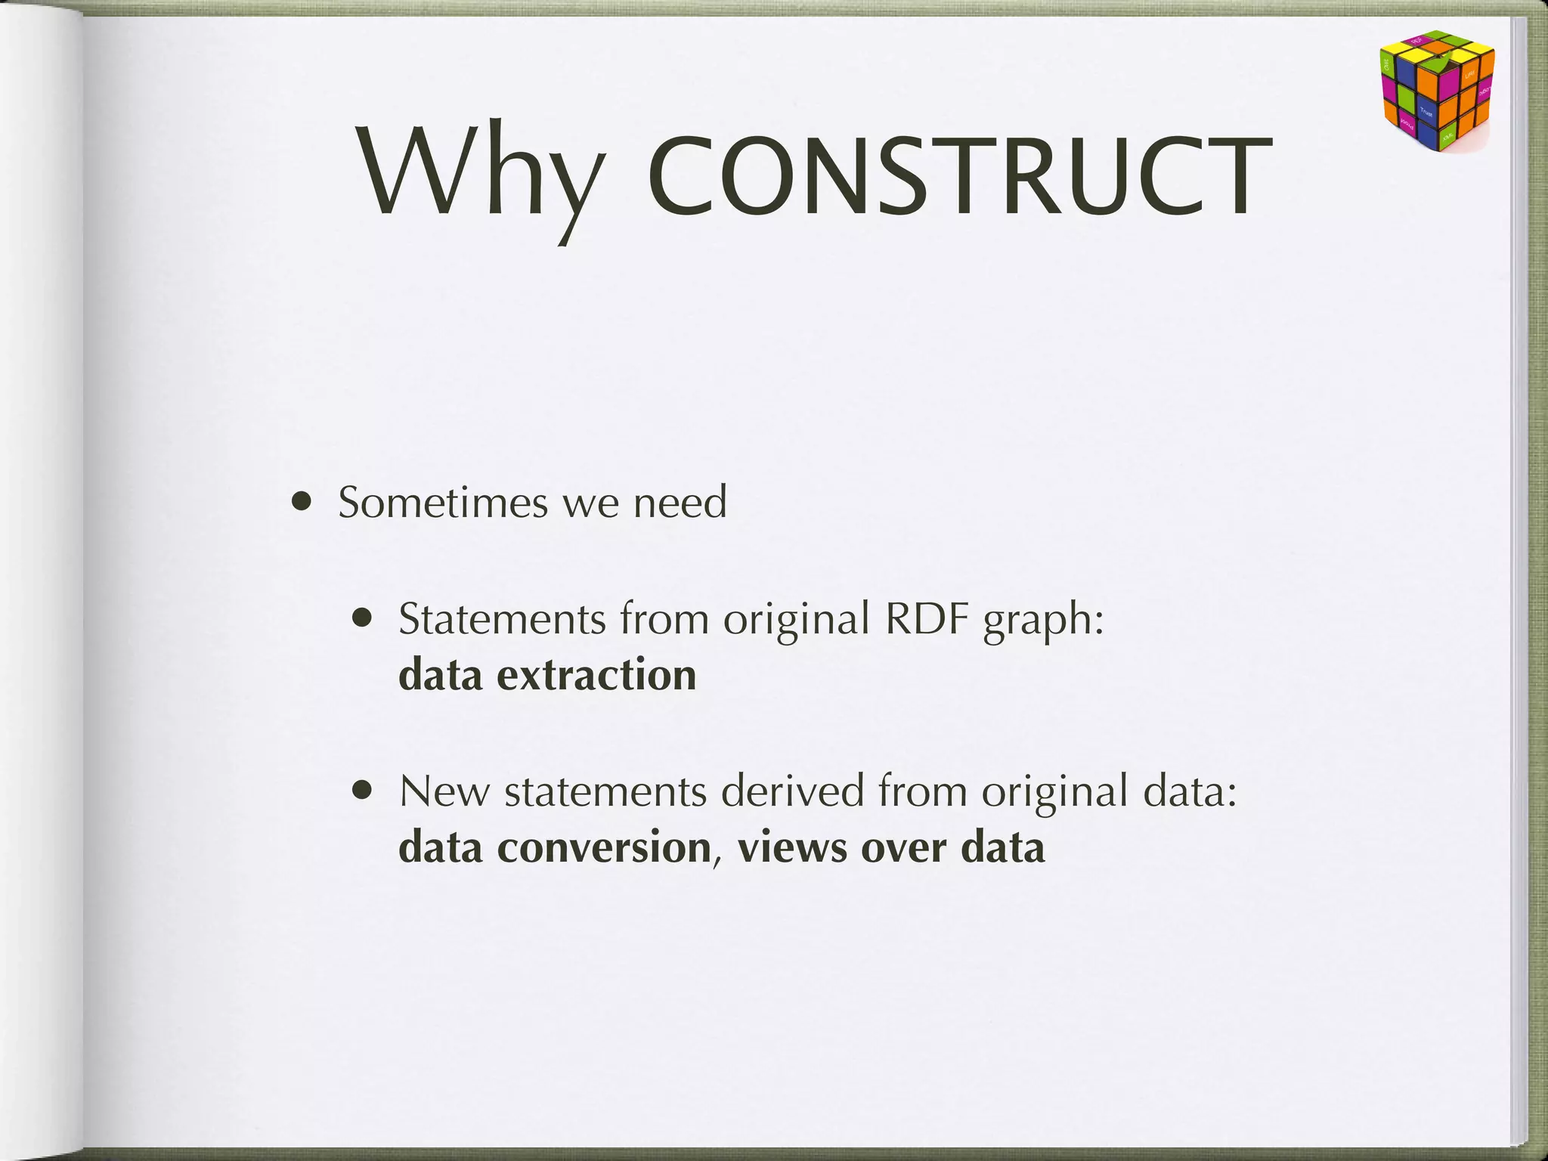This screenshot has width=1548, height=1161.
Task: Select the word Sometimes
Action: coord(442,502)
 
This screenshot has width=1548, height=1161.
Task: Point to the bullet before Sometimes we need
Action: coord(302,502)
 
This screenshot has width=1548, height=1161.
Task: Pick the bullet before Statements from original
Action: coord(364,619)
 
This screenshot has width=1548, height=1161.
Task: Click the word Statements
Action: coord(502,619)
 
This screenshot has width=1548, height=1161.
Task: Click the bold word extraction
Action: coord(596,675)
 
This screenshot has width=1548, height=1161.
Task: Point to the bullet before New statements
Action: coord(364,791)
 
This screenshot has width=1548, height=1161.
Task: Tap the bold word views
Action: coord(792,847)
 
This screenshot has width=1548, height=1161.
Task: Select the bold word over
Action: coord(903,847)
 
